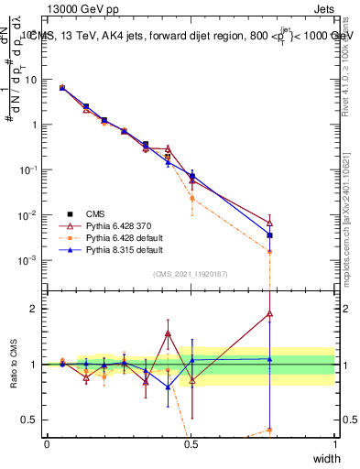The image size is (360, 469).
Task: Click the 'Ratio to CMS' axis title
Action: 14,363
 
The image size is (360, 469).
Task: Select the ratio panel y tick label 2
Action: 34,309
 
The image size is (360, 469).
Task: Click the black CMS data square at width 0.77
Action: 269,235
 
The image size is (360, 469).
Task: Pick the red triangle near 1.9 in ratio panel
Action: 269,313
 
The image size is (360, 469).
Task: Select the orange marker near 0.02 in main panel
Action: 191,199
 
